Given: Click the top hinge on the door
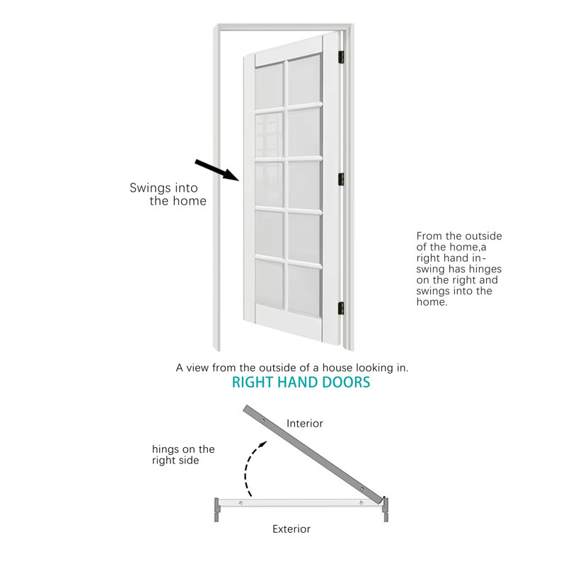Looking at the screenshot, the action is [341, 57].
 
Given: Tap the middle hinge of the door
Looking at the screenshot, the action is [341, 179].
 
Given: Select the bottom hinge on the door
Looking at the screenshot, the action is [341, 308].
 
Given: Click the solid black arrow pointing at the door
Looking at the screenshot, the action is [217, 170].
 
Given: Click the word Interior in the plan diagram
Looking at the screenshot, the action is [305, 423].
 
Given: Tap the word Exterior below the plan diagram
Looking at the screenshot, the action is [291, 529].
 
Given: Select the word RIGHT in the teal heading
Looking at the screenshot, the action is [253, 382].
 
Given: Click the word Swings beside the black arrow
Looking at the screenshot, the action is [149, 188].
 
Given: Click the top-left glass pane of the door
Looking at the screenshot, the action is [269, 86].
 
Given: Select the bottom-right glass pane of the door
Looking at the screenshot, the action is [304, 291].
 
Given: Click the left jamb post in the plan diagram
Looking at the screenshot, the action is [216, 509].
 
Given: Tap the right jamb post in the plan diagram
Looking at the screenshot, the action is [386, 509].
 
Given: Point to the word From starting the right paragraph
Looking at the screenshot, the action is [429, 236].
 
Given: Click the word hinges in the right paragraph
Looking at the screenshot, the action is [485, 270].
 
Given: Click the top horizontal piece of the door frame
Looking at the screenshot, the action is [284, 27].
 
